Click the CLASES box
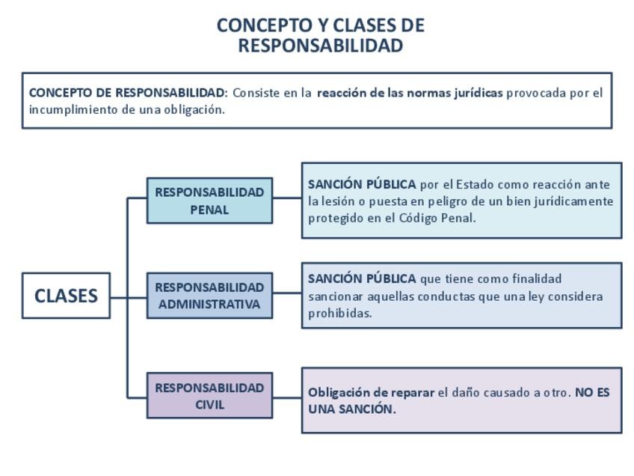coord(66,296)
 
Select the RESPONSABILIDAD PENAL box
coord(209,201)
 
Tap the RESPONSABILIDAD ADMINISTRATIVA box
coord(209,296)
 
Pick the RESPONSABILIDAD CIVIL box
coord(209,396)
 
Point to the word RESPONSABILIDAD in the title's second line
coord(321,46)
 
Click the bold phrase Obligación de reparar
coord(371,392)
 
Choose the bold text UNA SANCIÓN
coord(351,409)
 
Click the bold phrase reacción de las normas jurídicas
coord(410,94)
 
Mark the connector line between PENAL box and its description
coord(287,198)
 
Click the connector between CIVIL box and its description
coord(287,397)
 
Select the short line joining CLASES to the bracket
coord(119,296)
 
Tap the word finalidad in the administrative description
coord(536,279)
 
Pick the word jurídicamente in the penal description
coord(576,201)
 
